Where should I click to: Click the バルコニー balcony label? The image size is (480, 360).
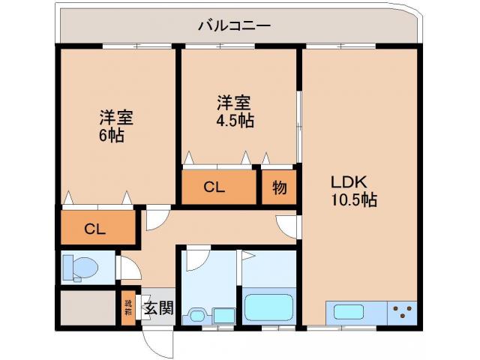235,25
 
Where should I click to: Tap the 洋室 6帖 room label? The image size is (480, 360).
115,126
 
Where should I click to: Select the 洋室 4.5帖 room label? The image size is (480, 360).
235,111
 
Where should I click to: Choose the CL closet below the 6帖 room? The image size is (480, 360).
95,229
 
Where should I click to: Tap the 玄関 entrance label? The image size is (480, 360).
158,307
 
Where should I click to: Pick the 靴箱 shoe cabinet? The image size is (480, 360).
129,307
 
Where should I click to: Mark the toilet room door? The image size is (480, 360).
125,268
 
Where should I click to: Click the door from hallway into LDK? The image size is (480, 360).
287,225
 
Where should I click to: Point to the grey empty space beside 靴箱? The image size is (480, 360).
88,307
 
